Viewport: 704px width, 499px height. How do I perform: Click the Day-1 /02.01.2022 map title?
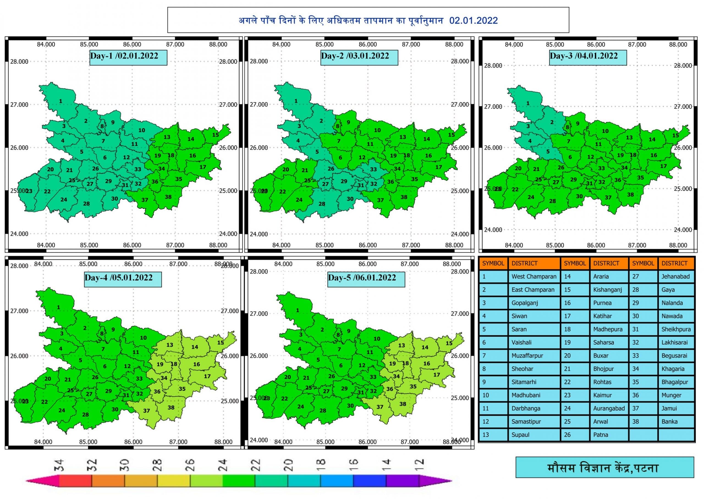point(128,57)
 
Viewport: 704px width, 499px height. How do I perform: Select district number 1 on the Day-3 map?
point(528,104)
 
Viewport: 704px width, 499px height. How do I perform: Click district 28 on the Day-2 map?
point(321,204)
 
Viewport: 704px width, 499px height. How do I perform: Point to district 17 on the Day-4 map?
point(207,376)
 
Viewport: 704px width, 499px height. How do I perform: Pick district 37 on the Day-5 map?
point(380,407)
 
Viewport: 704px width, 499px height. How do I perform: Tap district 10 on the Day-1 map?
point(141,130)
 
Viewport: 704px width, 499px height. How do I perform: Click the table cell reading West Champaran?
point(533,277)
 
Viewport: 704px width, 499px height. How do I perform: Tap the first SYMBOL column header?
point(493,263)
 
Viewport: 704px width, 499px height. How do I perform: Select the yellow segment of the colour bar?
point(174,481)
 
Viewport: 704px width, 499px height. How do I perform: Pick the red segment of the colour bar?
point(75,481)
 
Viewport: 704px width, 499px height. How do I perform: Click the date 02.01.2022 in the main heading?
point(473,21)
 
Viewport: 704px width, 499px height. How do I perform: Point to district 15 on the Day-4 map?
point(220,343)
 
